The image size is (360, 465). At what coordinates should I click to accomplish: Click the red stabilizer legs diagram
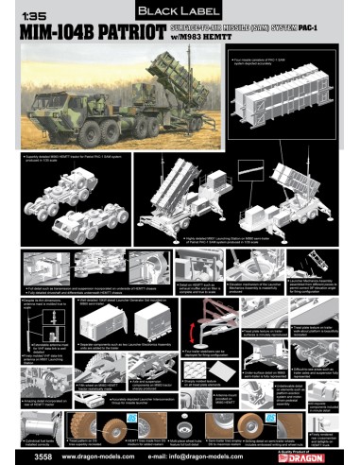pos(198,336)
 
